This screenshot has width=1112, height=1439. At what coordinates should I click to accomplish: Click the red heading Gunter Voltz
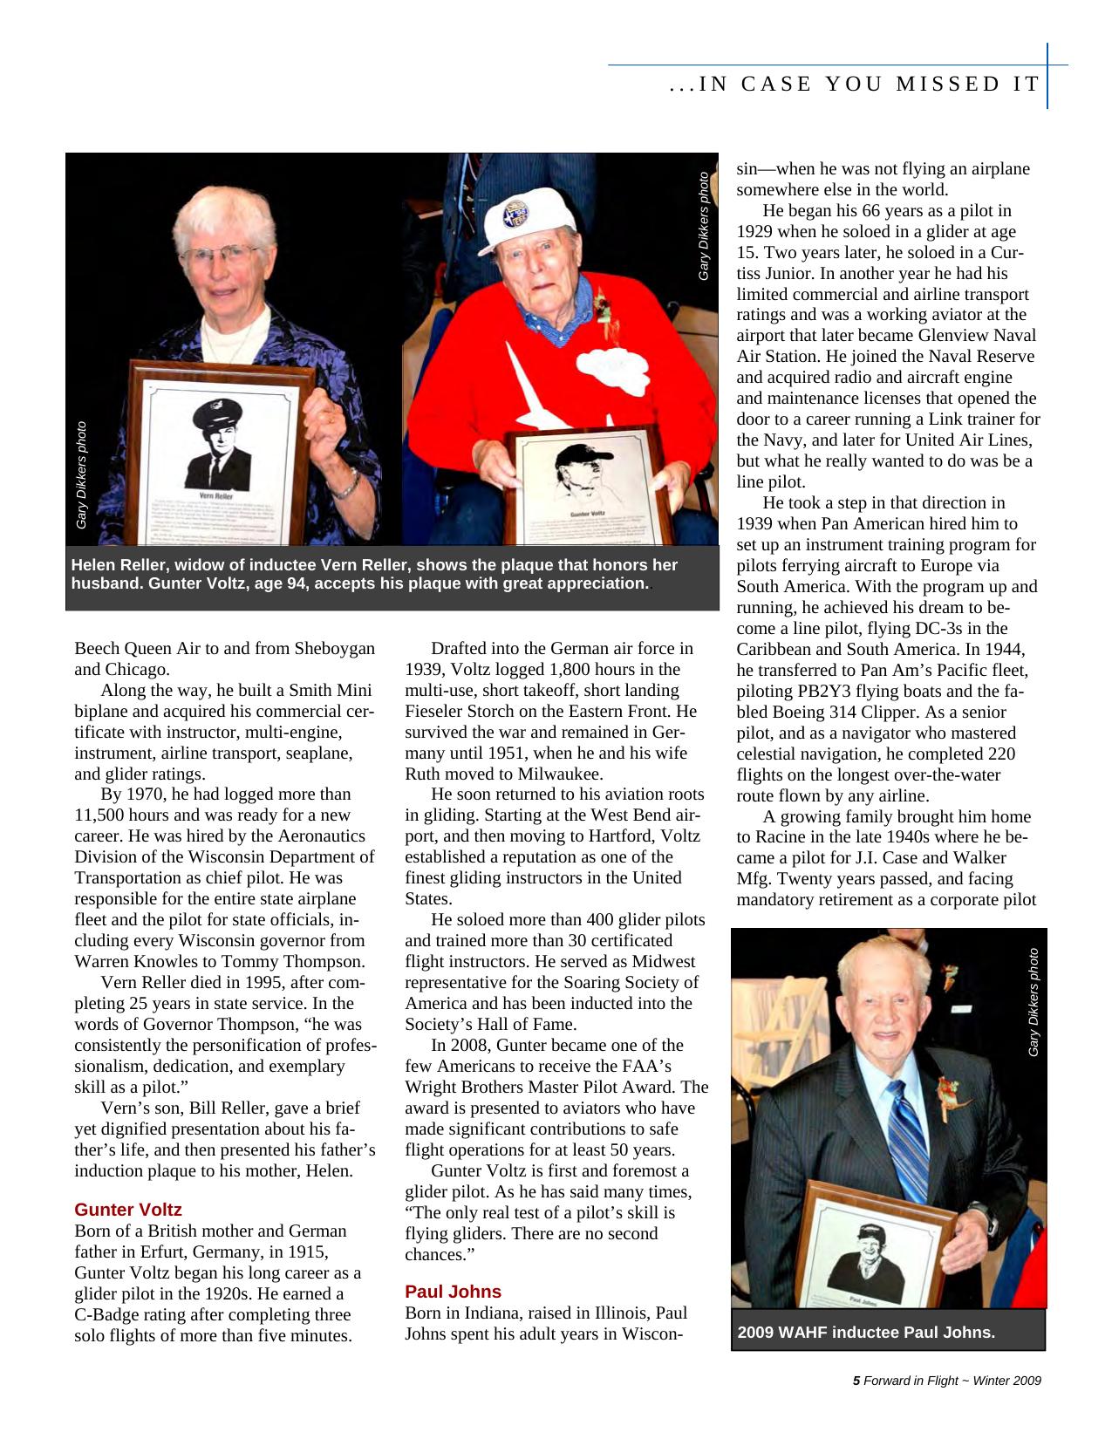(127, 1210)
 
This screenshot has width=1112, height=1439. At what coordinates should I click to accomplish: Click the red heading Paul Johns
(453, 1292)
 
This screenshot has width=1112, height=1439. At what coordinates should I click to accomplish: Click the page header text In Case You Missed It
(855, 85)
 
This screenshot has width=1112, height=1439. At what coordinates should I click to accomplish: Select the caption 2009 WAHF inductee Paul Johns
(866, 1333)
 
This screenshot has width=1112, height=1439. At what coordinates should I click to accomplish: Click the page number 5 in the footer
(856, 1381)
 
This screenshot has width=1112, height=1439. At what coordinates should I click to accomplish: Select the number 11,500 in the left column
(102, 815)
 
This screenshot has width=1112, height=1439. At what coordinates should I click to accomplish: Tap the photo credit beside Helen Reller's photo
(81, 475)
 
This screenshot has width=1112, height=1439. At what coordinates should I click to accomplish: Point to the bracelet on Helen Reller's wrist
(344, 485)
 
